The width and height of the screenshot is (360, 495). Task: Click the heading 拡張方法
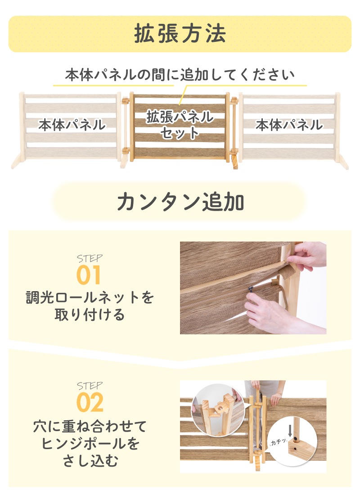point(180,34)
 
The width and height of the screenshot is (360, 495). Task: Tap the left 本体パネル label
point(72,125)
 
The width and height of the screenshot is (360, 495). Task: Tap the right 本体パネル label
point(289,125)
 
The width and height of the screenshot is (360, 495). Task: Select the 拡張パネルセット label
point(180,124)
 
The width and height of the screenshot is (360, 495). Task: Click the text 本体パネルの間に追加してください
point(180,75)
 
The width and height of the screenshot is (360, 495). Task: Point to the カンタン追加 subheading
point(180,202)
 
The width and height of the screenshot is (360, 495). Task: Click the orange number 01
point(88,275)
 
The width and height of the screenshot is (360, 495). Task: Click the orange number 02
point(90,402)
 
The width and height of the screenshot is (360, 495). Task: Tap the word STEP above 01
point(90,259)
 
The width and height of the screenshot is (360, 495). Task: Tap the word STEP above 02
point(90,386)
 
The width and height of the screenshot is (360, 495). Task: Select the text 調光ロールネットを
point(90,297)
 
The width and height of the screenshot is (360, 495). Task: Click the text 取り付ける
point(90,315)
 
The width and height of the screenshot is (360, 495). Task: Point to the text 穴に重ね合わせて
point(90,426)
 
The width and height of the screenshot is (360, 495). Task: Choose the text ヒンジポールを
point(90,444)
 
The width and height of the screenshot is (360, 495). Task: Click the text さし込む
point(90,461)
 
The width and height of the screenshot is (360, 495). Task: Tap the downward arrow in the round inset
point(290,431)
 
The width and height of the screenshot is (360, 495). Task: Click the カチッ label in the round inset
point(278,441)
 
